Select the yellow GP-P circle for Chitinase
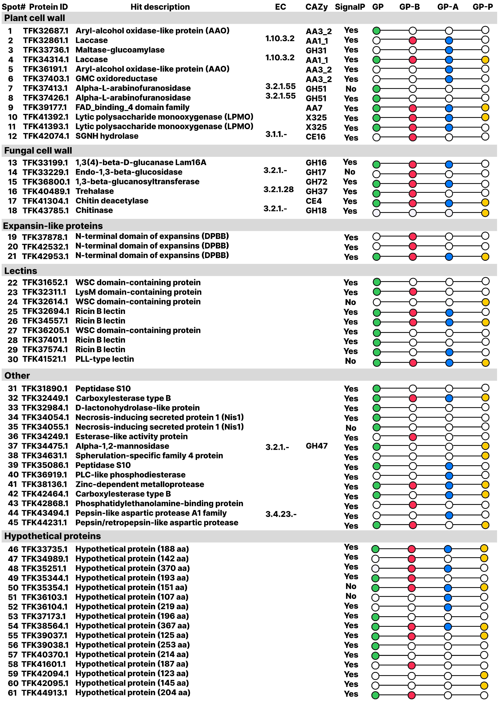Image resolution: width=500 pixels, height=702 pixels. (485, 213)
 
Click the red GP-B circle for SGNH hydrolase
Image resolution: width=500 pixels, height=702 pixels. (413, 137)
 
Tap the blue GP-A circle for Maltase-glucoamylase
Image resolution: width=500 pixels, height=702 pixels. (449, 50)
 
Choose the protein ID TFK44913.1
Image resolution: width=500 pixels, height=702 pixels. (45, 693)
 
